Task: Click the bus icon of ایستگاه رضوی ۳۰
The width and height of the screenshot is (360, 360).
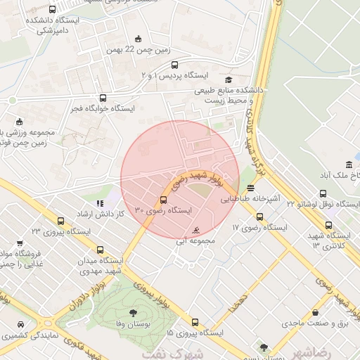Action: pyautogui.click(x=164, y=200)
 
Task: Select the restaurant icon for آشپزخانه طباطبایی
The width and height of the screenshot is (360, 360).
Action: pyautogui.click(x=251, y=188)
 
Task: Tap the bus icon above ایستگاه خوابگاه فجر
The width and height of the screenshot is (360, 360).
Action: pyautogui.click(x=103, y=98)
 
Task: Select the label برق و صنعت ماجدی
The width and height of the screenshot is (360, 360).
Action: pyautogui.click(x=310, y=323)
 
